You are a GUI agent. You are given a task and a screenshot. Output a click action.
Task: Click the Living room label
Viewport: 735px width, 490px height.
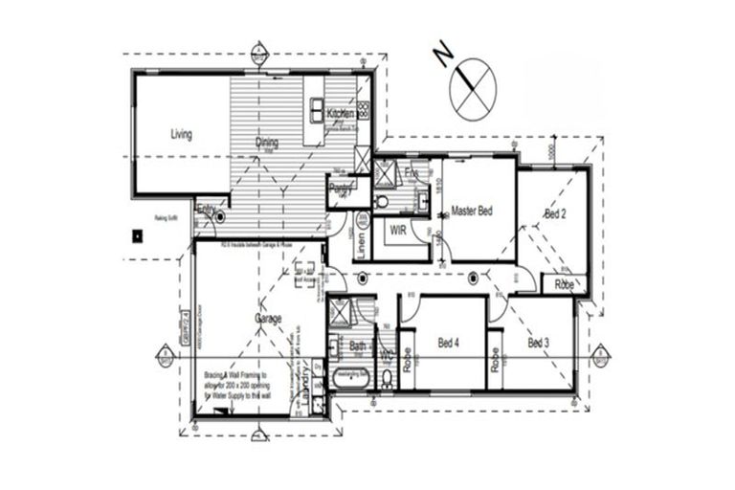181,135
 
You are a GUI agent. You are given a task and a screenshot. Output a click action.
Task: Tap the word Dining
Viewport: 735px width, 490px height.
266,144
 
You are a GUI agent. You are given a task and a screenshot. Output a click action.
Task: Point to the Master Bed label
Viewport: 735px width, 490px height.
471,211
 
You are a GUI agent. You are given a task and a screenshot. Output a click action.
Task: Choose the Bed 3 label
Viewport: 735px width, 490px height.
539,342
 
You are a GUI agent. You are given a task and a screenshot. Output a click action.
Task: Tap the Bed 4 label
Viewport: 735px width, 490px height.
450,342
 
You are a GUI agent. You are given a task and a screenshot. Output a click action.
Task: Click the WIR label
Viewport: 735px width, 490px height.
399,231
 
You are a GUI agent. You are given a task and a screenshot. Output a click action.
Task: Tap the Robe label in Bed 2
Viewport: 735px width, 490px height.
564,284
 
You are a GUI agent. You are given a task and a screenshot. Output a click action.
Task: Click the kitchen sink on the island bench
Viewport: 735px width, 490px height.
316,106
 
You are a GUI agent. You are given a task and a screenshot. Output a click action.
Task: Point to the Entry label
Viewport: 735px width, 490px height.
205,208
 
